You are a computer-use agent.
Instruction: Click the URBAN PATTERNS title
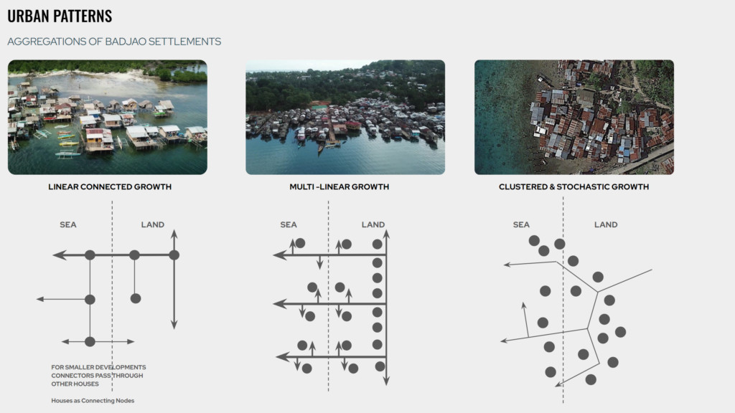(60, 16)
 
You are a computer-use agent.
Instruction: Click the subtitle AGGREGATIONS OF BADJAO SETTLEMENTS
(114, 42)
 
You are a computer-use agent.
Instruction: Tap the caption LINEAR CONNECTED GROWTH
(110, 187)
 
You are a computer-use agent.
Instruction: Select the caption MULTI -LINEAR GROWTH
(334, 187)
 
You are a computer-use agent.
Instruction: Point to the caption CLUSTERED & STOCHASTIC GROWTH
(574, 187)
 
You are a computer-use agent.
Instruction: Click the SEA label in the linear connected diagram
(68, 225)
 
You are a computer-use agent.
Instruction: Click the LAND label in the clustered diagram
(606, 225)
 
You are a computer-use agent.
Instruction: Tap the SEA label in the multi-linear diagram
(289, 225)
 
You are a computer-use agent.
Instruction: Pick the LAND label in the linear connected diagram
(152, 225)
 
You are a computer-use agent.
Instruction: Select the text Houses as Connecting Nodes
(93, 401)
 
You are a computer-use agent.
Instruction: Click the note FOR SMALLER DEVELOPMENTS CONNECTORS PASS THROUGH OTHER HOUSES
(98, 376)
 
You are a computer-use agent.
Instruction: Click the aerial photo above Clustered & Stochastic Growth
(574, 117)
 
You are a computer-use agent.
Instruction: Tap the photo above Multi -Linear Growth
(345, 117)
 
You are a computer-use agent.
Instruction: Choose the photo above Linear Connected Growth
(108, 117)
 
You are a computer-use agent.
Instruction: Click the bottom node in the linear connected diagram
(90, 341)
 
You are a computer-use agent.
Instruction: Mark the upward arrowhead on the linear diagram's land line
(174, 234)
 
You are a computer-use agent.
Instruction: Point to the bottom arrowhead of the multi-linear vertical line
(386, 381)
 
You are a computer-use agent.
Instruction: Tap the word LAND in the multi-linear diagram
(373, 225)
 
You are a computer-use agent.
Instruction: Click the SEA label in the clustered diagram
(522, 225)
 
